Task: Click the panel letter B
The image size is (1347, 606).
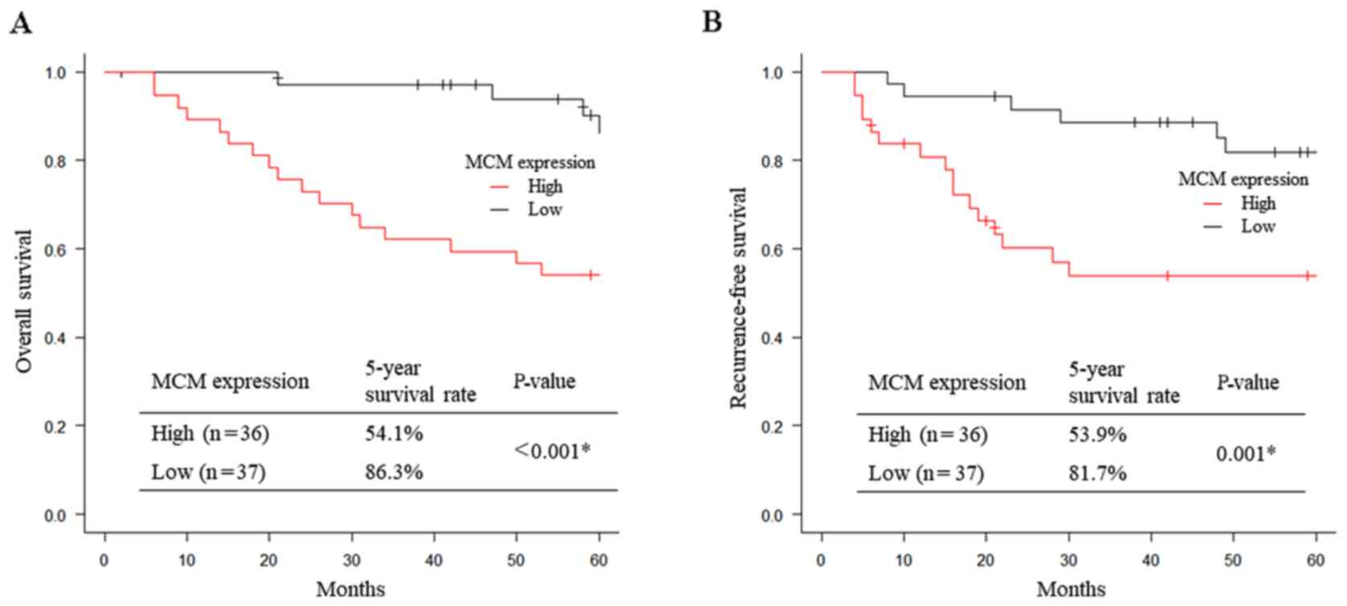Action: (712, 22)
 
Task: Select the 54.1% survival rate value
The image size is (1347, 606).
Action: (394, 433)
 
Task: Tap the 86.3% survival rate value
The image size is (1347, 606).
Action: (394, 472)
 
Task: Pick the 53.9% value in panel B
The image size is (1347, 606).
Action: (1097, 435)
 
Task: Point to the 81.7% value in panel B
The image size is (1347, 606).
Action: (1097, 474)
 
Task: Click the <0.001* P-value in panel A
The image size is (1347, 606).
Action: (552, 451)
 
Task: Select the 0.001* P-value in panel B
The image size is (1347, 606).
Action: (1246, 454)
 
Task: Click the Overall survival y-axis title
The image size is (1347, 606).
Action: (24, 301)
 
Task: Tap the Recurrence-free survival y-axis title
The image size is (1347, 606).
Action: (738, 298)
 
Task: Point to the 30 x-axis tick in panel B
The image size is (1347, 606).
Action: (1068, 560)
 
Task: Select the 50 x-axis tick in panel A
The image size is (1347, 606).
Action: (516, 560)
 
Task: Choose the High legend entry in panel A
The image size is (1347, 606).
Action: (545, 186)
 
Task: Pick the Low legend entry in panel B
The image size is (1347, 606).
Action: (1257, 226)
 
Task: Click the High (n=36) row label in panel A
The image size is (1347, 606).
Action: (210, 433)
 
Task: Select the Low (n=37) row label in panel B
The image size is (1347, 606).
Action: (925, 474)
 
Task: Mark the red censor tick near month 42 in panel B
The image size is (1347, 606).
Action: (1167, 276)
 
